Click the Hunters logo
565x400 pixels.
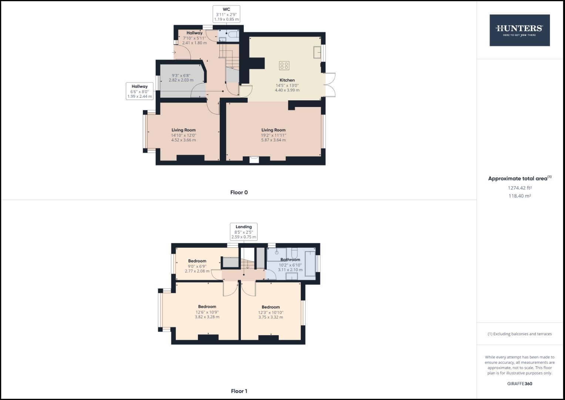[519, 30]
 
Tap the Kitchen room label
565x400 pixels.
[287, 80]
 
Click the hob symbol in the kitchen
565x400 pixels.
[284, 66]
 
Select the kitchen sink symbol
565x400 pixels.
[317, 52]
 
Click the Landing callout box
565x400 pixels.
[243, 232]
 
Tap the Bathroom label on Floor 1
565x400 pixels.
[290, 260]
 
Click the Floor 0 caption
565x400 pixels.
[239, 192]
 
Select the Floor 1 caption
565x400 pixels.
[239, 391]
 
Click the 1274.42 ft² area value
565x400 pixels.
[519, 188]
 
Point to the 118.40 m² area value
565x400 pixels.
[519, 196]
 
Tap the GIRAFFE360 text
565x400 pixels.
[519, 384]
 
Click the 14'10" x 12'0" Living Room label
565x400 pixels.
[184, 135]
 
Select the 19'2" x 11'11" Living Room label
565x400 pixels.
[273, 135]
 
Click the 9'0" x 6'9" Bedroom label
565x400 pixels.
[197, 266]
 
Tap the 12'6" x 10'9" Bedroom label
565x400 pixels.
[207, 312]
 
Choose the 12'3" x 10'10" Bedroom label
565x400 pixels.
[270, 312]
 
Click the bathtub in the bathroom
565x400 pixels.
[310, 263]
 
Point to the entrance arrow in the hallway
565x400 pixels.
[174, 52]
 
